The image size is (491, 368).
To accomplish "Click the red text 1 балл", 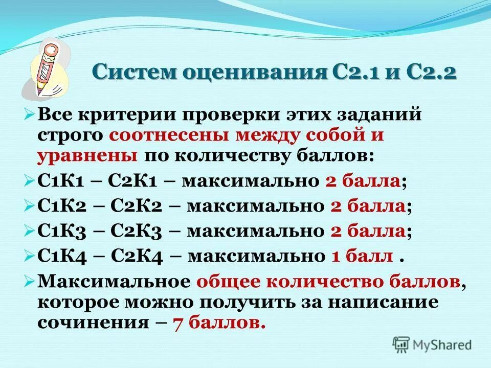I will pos(362,256).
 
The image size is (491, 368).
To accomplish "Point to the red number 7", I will pos(177,323).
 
